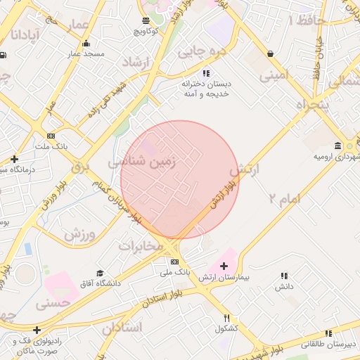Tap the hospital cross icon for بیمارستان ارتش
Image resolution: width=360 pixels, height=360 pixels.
point(224,266)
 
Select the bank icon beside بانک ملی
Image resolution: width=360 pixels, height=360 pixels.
point(175,261)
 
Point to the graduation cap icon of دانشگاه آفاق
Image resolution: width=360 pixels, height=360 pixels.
point(100,273)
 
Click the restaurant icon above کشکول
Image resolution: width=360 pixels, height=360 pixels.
point(226,318)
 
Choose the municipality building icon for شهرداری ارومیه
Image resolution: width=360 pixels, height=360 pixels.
point(339,146)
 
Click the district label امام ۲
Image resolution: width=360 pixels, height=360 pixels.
point(284,199)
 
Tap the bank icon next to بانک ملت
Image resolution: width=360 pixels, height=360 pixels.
point(50,136)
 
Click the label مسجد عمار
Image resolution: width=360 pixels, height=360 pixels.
point(85,53)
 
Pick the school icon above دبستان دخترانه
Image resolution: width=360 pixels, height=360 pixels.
point(205,73)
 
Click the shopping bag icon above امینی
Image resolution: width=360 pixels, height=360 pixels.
point(271,53)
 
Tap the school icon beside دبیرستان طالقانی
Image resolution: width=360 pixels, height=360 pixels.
point(328,335)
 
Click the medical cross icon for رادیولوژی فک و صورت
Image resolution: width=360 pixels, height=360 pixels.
point(37,330)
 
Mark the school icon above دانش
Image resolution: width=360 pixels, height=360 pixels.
point(284,277)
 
